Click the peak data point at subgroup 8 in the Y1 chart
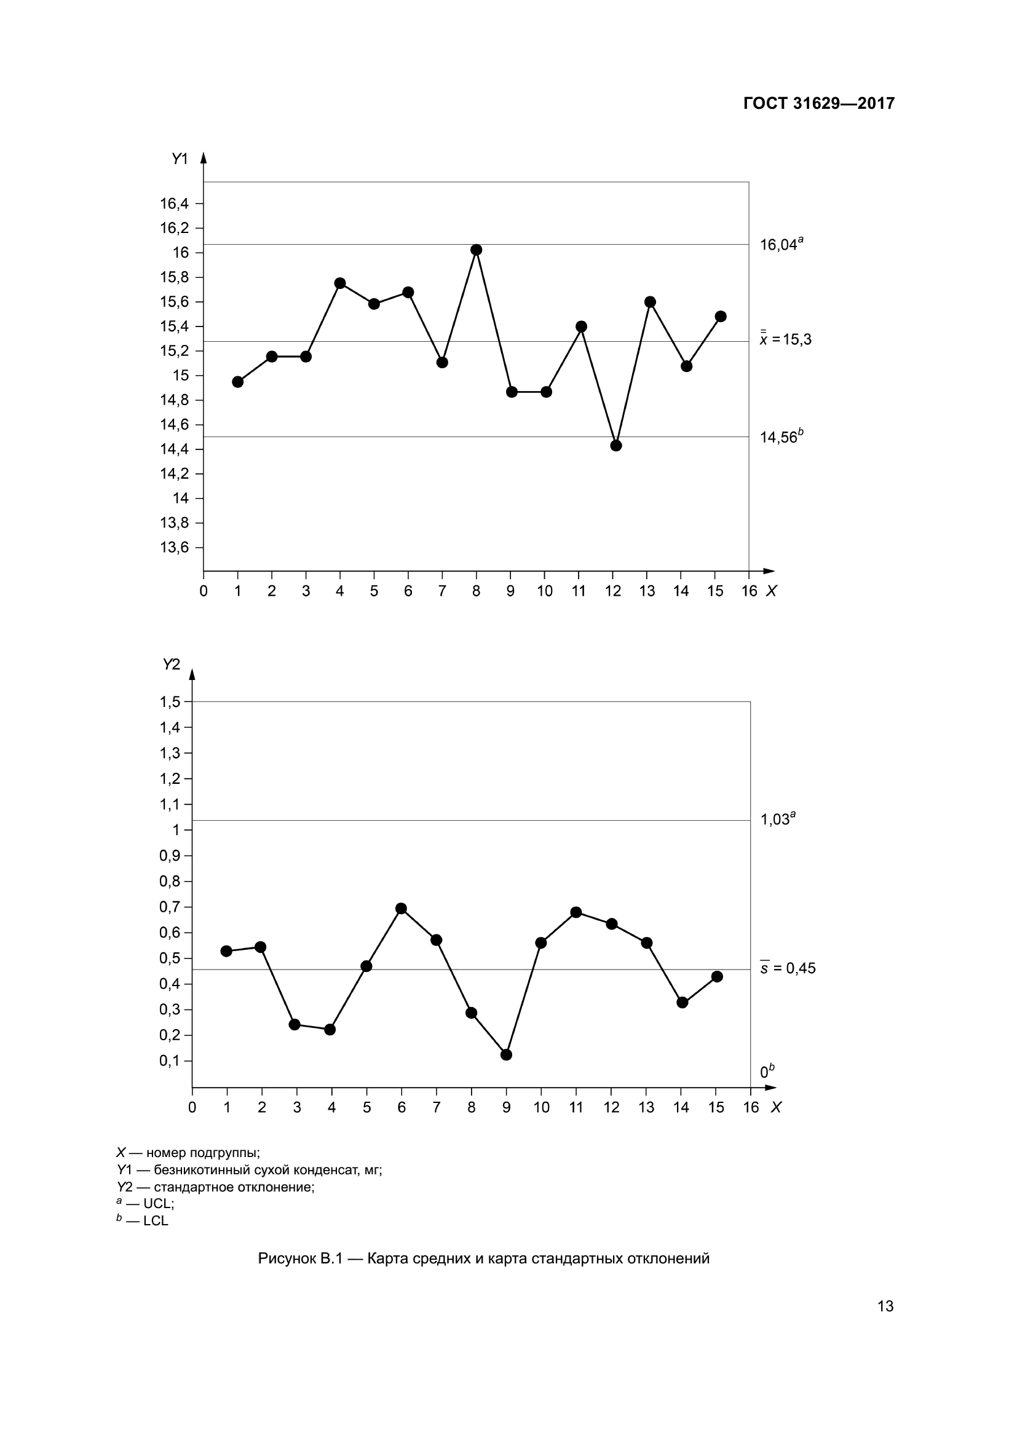pyautogui.click(x=476, y=250)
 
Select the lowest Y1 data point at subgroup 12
pyautogui.click(x=615, y=445)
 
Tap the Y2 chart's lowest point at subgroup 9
pyautogui.click(x=507, y=1055)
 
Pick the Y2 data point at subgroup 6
pyautogui.click(x=402, y=909)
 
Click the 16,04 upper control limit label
pyautogui.click(x=780, y=245)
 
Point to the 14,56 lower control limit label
pyautogui.click(x=780, y=437)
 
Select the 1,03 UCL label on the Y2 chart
pyautogui.click(x=777, y=819)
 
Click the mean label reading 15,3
pyautogui.click(x=785, y=339)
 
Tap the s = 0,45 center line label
pyautogui.click(x=788, y=968)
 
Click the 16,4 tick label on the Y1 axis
pyautogui.click(x=173, y=203)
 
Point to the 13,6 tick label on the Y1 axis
pyautogui.click(x=173, y=547)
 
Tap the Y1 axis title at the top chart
pyautogui.click(x=180, y=159)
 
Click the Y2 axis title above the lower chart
pyautogui.click(x=171, y=665)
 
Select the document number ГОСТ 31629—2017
pyautogui.click(x=818, y=103)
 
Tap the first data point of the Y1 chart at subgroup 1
pyautogui.click(x=237, y=382)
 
